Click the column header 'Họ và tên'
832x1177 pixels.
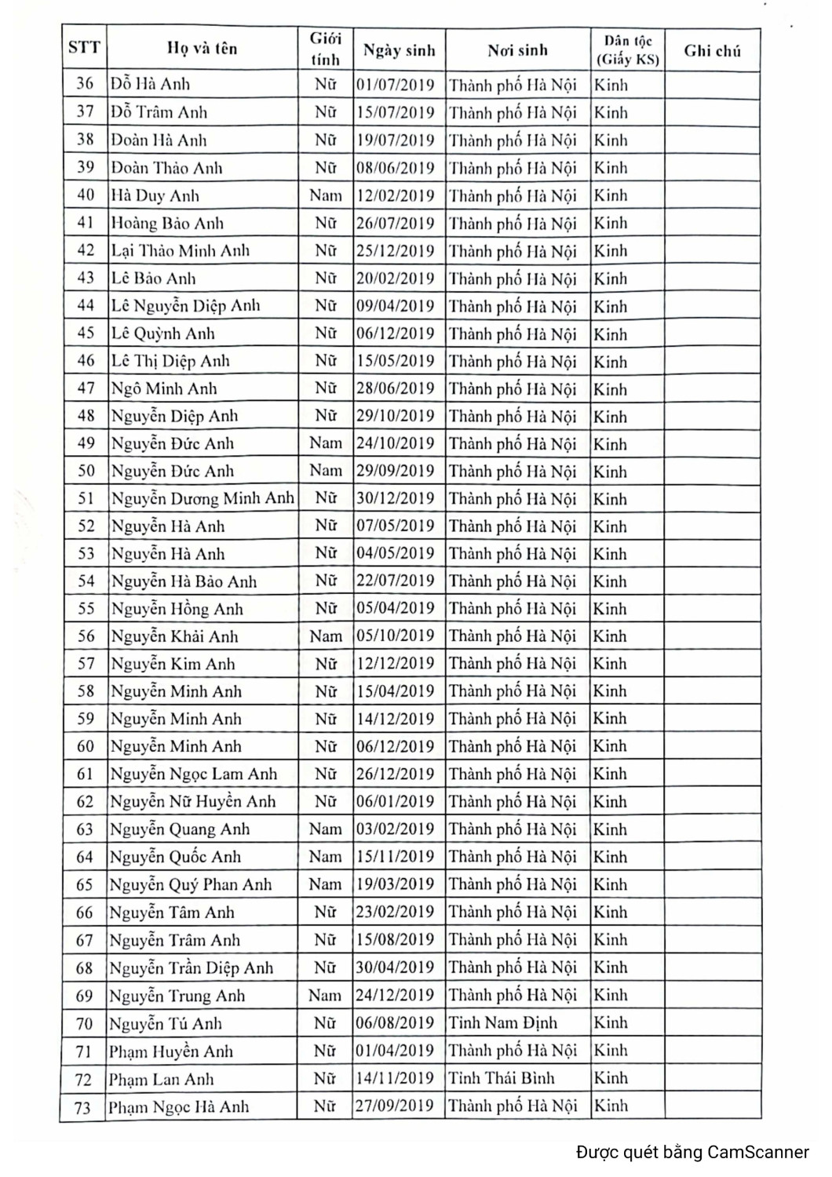(x=202, y=49)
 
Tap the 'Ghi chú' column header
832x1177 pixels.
(x=712, y=52)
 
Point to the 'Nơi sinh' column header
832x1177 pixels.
(x=517, y=51)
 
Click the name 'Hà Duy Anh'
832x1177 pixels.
(x=155, y=196)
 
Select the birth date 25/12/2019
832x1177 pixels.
(x=395, y=251)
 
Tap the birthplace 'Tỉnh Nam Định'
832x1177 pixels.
(x=502, y=1023)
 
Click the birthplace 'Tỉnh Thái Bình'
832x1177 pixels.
(x=501, y=1078)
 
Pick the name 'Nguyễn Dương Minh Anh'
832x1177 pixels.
(x=202, y=499)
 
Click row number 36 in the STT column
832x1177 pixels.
(x=85, y=84)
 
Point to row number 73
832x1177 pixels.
(x=83, y=1108)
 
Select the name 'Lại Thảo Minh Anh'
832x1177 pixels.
(x=180, y=251)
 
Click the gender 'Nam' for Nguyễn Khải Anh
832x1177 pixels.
(x=325, y=636)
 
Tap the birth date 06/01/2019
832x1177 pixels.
(x=395, y=802)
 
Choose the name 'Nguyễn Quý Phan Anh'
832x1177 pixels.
(x=190, y=885)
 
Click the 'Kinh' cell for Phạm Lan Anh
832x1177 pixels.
(x=610, y=1078)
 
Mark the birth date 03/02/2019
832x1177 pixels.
(x=395, y=829)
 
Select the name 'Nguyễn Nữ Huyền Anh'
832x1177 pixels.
(x=192, y=802)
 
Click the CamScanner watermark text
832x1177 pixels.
(x=692, y=1153)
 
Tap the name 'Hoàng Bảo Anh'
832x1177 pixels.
(x=166, y=224)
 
